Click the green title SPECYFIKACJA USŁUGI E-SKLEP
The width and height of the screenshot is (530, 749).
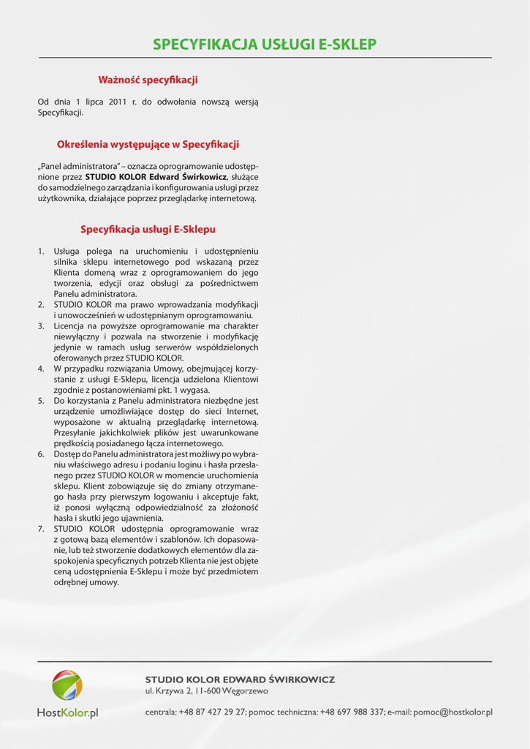coord(265,45)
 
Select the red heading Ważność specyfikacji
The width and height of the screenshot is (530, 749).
coord(148,80)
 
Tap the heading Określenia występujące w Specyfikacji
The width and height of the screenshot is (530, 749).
coord(148,145)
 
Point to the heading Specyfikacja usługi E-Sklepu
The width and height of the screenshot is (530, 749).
coord(148,230)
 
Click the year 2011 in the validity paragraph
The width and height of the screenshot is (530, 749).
coord(118,102)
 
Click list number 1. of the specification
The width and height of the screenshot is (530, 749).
coord(42,252)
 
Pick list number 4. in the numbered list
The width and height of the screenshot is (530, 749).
coord(42,369)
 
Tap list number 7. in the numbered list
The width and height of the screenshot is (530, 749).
coord(42,528)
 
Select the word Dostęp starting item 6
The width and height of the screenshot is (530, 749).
coord(68,454)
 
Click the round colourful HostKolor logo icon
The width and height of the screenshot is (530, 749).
coord(67,685)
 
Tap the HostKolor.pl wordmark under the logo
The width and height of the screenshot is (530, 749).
coord(67,712)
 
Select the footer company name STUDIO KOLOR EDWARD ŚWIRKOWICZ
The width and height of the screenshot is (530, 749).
coord(240,680)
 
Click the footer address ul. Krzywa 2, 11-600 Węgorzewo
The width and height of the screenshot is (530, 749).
coord(207,691)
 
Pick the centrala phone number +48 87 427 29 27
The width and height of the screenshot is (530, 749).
coord(212,712)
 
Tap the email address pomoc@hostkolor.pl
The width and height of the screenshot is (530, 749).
coord(453,712)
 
